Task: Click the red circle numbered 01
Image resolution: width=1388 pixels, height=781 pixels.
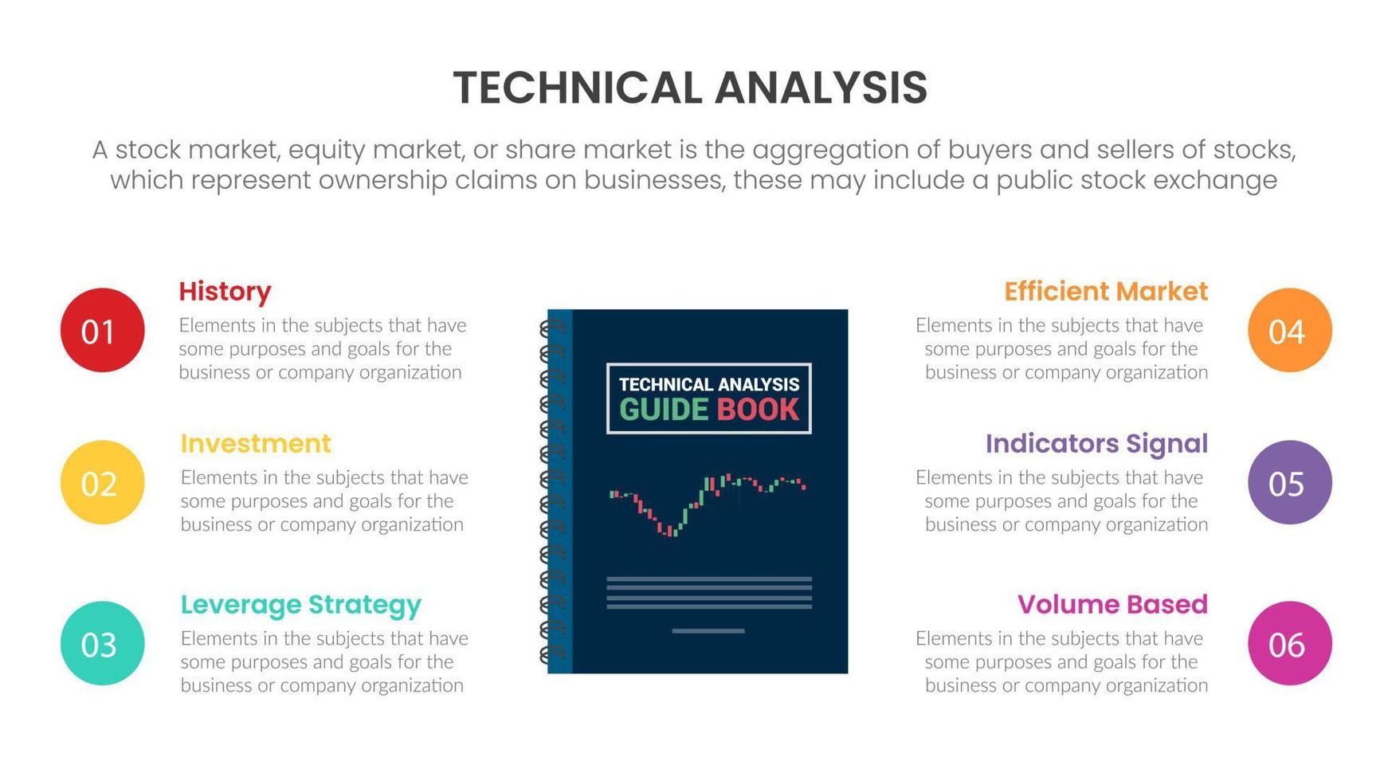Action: (x=102, y=330)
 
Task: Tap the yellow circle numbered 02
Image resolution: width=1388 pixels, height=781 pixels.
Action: (x=102, y=482)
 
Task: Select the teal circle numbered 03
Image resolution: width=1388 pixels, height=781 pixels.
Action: (x=102, y=643)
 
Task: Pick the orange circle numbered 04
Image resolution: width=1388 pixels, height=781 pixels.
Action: (x=1289, y=330)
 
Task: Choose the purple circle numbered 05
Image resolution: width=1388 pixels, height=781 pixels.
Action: (x=1289, y=482)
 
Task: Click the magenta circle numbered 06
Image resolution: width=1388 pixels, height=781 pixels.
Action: (x=1289, y=643)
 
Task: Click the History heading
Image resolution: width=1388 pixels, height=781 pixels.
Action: (x=225, y=292)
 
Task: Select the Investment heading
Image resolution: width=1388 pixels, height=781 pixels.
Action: (x=256, y=443)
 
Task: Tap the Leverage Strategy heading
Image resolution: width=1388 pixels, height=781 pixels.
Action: (x=301, y=606)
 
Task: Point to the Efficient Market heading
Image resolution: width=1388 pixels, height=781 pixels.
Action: (x=1106, y=291)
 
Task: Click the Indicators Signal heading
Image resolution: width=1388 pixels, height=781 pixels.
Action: (x=1096, y=445)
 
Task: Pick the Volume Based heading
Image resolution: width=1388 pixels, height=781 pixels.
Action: (x=1112, y=604)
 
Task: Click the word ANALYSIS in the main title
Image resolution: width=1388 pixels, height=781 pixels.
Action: (x=821, y=88)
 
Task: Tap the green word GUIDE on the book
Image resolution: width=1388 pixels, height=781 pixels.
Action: (x=664, y=410)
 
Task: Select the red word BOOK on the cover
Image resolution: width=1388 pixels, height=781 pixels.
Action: (x=757, y=410)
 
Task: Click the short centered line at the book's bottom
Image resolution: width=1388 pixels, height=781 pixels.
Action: (x=708, y=631)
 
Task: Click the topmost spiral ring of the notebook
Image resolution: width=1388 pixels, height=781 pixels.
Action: (x=552, y=328)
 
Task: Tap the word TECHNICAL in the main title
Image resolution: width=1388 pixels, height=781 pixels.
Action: (x=578, y=88)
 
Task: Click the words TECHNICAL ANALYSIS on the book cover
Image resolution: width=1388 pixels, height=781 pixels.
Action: (x=709, y=384)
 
